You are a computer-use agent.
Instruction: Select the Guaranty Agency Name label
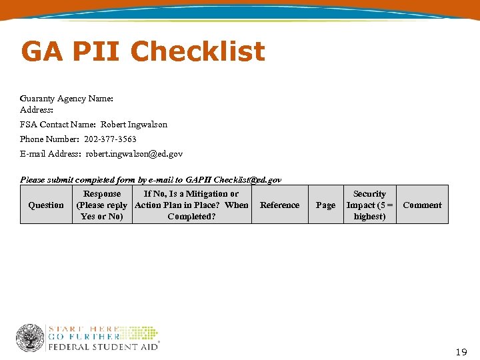coord(67,99)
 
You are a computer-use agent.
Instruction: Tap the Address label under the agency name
coord(37,110)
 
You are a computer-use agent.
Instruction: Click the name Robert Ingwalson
coord(134,125)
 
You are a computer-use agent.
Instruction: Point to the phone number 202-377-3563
coord(110,139)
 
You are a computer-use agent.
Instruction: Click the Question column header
coord(46,205)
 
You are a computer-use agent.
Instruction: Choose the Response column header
coord(102,205)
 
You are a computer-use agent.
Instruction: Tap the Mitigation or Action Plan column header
coord(191,205)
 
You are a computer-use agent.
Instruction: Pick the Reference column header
coord(279,205)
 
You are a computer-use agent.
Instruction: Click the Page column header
coord(325,205)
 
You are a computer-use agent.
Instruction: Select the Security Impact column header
coord(369,205)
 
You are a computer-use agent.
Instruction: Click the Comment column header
coord(422,205)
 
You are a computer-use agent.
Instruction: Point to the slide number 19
coord(461,351)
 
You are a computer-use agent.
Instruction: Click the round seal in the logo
coord(30,338)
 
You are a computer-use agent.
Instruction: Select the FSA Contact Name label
coord(59,125)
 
